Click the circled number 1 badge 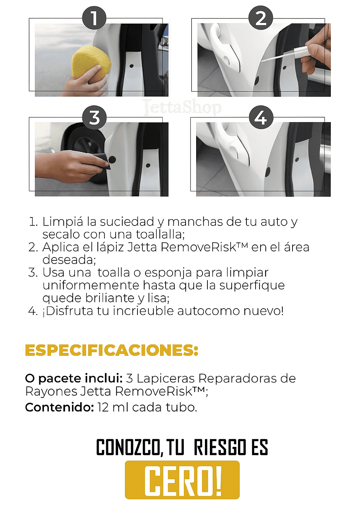pos(94,18)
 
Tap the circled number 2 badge pos(261,18)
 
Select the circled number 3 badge pos(94,118)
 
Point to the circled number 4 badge pos(261,118)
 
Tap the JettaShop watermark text pos(182,107)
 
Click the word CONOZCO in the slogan pos(128,447)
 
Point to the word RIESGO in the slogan pos(220,447)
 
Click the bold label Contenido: pos(59,407)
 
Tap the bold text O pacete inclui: pos(74,379)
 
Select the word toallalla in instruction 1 pos(160,234)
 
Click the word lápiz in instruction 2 pos(110,247)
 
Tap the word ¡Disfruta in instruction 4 pos(68,311)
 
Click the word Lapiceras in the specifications pos(166,379)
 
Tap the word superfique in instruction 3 pos(252,286)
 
